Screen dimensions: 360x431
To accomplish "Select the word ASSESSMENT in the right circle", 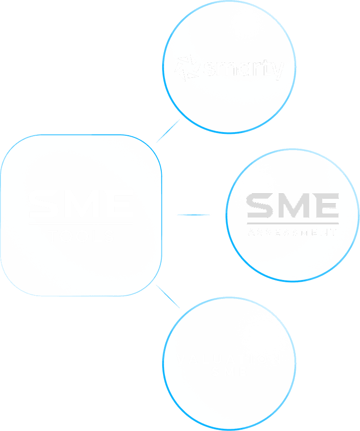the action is tap(293, 233).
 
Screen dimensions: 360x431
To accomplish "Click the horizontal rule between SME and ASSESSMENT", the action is tap(293, 223).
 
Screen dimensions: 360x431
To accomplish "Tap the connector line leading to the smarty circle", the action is tap(168, 131).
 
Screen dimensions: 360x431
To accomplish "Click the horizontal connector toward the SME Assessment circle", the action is tap(193, 215).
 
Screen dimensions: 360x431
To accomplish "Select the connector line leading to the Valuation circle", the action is tap(168, 297).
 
